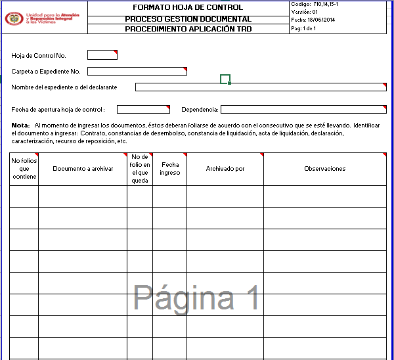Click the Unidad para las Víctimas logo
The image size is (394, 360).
pyautogui.click(x=43, y=17)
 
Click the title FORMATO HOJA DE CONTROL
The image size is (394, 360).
pyautogui.click(x=188, y=8)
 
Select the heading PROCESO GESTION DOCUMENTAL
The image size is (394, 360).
pyautogui.click(x=188, y=19)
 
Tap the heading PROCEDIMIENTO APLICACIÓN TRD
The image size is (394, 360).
pyautogui.click(x=188, y=29)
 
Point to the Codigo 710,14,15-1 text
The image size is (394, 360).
pyautogui.click(x=318, y=5)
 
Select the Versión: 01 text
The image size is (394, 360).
pyautogui.click(x=305, y=12)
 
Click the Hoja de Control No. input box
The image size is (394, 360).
pyautogui.click(x=102, y=55)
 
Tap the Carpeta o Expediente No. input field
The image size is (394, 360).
pyautogui.click(x=137, y=71)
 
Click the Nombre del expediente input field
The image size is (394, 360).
pyautogui.click(x=261, y=87)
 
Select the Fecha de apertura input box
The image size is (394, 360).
pyautogui.click(x=142, y=109)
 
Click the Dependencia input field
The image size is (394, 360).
pyautogui.click(x=303, y=109)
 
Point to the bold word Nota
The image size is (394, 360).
pyautogui.click(x=20, y=125)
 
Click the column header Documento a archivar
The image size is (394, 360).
pyautogui.click(x=83, y=169)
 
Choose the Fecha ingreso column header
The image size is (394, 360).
pyautogui.click(x=169, y=169)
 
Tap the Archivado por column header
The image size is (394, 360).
pyautogui.click(x=225, y=169)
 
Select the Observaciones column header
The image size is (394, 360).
pyautogui.click(x=324, y=169)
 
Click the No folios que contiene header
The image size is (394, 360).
pyautogui.click(x=24, y=169)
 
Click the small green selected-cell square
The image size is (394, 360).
pyautogui.click(x=225, y=79)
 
